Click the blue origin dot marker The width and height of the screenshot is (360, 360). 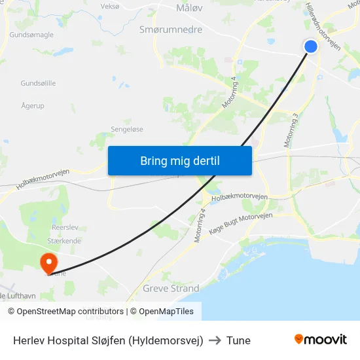[311, 46]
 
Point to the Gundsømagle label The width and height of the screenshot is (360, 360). [31, 35]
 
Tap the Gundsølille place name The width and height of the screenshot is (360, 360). [38, 84]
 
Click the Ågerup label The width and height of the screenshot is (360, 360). [33, 105]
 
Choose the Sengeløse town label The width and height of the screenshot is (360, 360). [127, 130]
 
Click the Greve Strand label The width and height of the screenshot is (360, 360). [171, 288]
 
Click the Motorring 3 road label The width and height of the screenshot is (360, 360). [291, 130]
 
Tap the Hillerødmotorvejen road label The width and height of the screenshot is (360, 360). [323, 26]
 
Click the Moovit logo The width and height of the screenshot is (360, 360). [320, 339]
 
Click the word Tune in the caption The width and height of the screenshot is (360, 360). [238, 340]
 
